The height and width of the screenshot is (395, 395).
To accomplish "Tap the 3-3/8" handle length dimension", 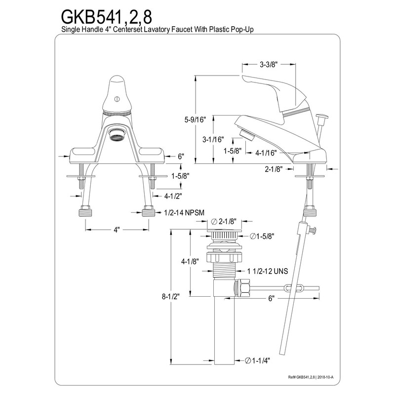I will point(269,64).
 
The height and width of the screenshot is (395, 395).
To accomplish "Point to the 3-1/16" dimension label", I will point(213,140).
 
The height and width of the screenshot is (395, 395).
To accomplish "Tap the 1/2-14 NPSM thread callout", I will point(183,213).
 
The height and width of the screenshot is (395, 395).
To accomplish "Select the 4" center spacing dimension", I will point(118,230).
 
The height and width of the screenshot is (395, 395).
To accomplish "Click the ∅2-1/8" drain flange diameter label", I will point(225,222).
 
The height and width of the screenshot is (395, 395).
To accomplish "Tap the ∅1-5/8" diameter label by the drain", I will point(262,236).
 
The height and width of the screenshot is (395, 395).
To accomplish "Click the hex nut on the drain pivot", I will point(243,287).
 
